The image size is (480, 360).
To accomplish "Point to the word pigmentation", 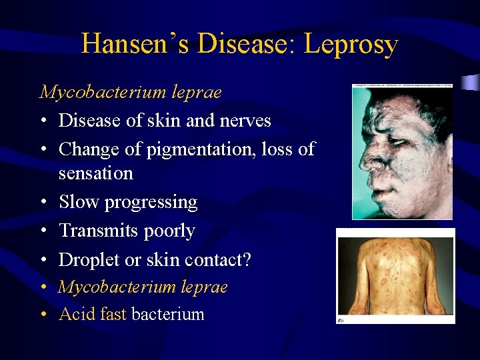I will click(194, 149).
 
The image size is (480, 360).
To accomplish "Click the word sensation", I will click(95, 173).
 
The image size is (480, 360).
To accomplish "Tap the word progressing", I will click(151, 203).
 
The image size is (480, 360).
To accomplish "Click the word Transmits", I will click(98, 231).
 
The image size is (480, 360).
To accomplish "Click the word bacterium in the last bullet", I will click(168, 314).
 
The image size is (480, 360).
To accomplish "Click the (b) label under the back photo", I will click(341, 320).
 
